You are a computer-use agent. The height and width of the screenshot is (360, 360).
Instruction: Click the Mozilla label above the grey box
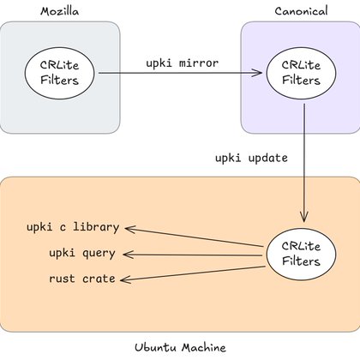click(x=59, y=10)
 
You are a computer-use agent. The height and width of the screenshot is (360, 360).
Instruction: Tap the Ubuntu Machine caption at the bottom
click(x=180, y=347)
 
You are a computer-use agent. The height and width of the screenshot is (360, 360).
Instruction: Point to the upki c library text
click(x=73, y=229)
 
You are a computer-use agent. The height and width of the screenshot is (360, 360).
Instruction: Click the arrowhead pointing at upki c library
click(x=129, y=228)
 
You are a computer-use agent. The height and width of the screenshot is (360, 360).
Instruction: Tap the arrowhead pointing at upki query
click(x=129, y=254)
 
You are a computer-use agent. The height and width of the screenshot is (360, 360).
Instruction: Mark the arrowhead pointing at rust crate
click(x=129, y=279)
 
